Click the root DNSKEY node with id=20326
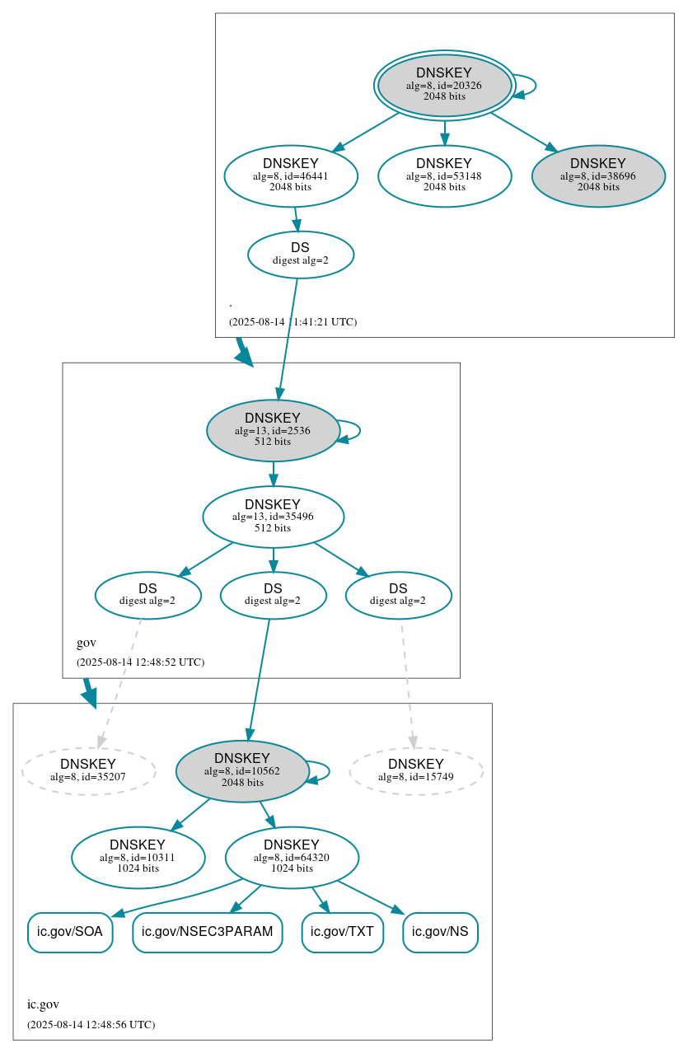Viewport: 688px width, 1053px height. click(x=444, y=85)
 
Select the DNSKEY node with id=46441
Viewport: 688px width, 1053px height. click(x=291, y=175)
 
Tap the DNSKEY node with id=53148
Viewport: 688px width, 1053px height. click(x=444, y=175)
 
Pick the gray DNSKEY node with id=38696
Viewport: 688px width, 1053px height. click(x=598, y=175)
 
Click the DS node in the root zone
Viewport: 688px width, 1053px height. click(x=301, y=255)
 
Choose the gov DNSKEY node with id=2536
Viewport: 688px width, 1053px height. click(x=273, y=430)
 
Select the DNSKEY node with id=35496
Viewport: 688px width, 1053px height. click(x=273, y=517)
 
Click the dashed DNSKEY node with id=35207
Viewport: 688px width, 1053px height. click(x=88, y=771)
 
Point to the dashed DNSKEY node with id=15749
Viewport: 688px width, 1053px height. click(x=416, y=771)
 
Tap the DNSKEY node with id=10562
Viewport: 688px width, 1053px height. click(x=242, y=771)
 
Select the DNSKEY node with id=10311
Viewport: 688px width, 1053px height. click(x=138, y=858)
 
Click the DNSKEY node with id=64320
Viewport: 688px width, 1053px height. click(x=292, y=858)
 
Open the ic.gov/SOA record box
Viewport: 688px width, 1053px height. click(x=70, y=933)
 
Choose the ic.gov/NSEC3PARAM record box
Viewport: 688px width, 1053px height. click(x=208, y=933)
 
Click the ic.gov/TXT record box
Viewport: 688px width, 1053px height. click(x=342, y=933)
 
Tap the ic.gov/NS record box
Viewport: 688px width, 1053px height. click(x=440, y=933)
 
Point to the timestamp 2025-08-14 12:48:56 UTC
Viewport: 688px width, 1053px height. click(x=91, y=1025)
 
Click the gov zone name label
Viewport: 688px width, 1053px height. click(x=87, y=643)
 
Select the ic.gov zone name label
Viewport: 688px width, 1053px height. click(x=43, y=1004)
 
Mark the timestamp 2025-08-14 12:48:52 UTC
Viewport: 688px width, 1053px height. click(x=140, y=662)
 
